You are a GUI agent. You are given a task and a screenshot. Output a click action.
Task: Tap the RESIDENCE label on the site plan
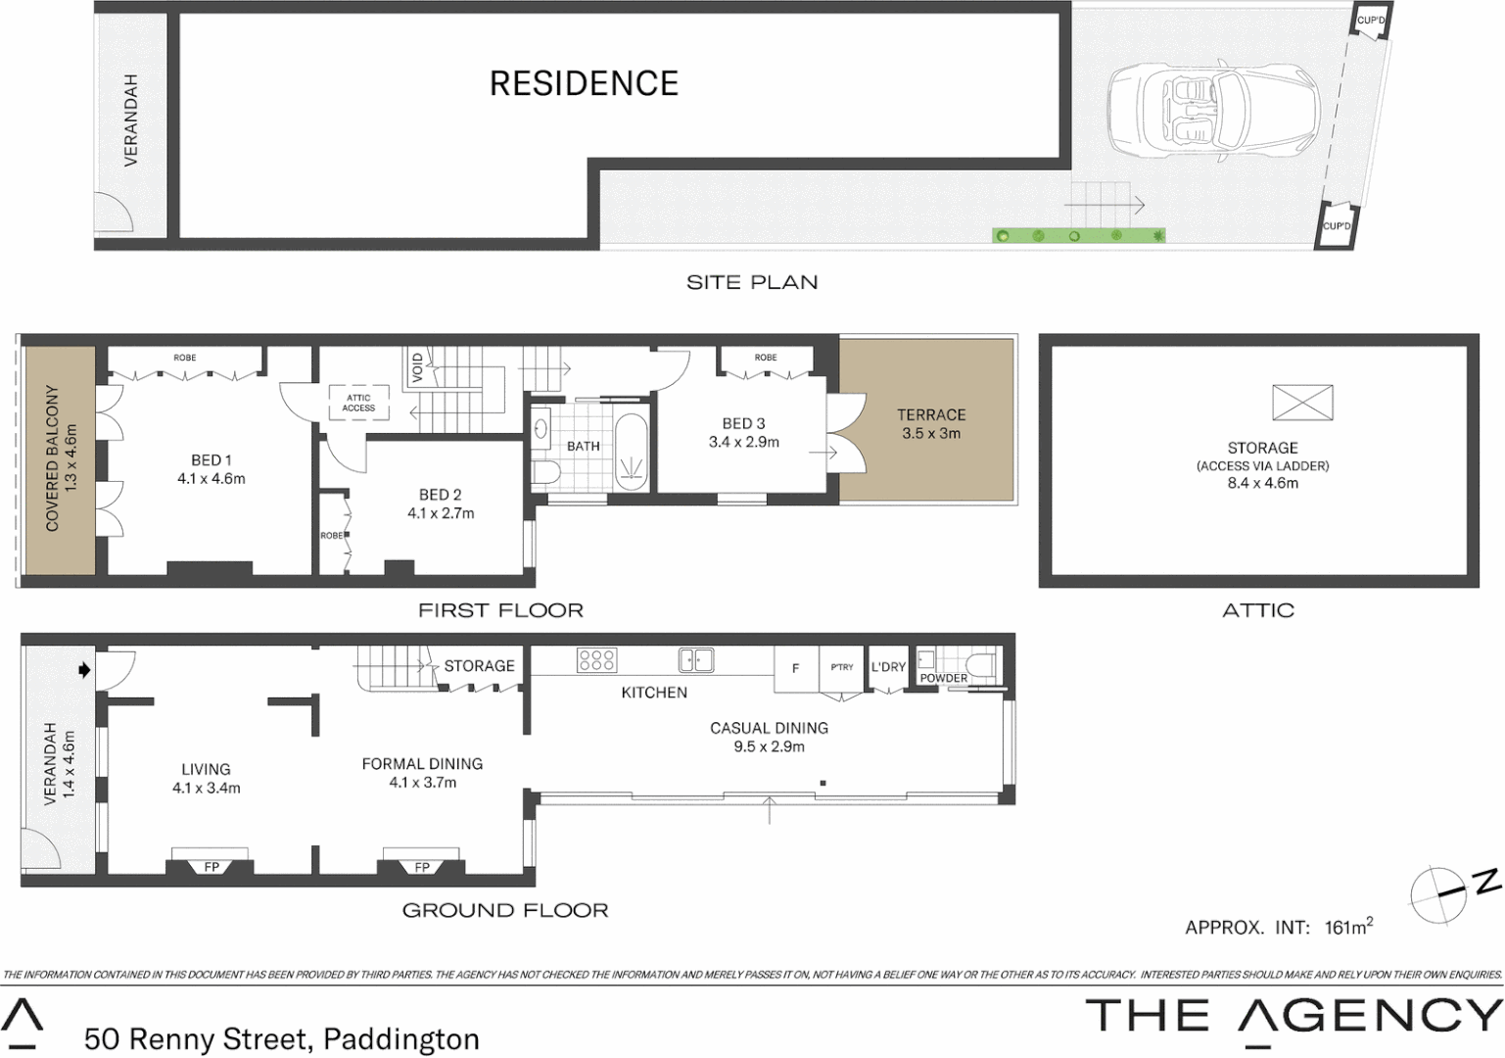(x=584, y=83)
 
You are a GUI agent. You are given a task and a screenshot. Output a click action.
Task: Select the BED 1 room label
(x=212, y=460)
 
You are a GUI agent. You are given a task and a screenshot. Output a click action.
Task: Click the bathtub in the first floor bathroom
(x=632, y=452)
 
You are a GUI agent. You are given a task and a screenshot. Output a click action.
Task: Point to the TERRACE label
(x=931, y=415)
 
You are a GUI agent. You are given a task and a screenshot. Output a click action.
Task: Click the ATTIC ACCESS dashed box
(x=358, y=403)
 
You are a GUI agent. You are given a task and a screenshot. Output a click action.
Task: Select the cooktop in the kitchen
(x=596, y=660)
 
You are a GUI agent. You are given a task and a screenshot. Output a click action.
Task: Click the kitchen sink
(x=696, y=660)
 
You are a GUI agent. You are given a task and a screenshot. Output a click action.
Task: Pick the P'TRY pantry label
(x=842, y=667)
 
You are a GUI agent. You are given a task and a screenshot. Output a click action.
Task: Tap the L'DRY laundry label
(x=888, y=667)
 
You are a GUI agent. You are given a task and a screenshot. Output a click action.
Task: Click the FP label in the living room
(x=212, y=867)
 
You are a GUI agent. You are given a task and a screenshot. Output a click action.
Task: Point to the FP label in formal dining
(x=422, y=867)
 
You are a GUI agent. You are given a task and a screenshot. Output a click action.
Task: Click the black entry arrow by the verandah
(x=84, y=670)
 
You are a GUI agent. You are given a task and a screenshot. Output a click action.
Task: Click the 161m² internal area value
(x=1348, y=927)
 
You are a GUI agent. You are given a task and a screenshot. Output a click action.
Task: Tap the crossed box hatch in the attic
(x=1302, y=403)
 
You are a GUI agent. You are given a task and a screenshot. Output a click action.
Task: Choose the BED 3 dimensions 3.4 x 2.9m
(x=744, y=442)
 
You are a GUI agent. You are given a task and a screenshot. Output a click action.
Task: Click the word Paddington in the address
(x=401, y=1038)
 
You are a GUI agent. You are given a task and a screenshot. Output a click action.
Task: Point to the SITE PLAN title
(x=752, y=283)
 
